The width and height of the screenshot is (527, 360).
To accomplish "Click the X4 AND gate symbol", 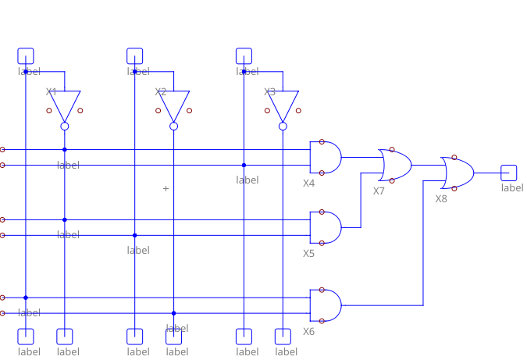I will (x=326, y=157).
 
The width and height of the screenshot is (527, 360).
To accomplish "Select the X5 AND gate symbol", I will (x=326, y=227).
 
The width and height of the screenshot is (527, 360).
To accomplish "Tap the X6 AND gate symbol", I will (x=326, y=305).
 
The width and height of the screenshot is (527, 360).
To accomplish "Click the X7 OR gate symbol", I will (x=396, y=165).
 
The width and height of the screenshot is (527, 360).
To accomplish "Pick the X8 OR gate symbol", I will (x=458, y=173).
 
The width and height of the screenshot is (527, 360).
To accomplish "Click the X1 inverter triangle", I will (x=65, y=105).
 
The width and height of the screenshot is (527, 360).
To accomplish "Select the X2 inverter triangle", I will (x=174, y=105).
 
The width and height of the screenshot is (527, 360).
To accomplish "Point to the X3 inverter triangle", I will (x=283, y=105).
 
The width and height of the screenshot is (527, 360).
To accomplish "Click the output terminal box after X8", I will (x=509, y=173).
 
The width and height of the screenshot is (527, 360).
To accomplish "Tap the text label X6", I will (x=309, y=332).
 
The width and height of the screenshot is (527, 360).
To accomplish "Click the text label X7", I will (x=379, y=191).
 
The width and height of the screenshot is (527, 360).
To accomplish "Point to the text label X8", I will (x=442, y=199).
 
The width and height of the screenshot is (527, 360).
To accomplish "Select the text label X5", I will (x=309, y=254).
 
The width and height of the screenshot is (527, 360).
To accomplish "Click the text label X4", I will (x=309, y=184).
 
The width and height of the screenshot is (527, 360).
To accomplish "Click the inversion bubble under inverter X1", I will (x=65, y=126).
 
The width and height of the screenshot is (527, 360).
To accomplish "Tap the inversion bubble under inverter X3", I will (x=283, y=126).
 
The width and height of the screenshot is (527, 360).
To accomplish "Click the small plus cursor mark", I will (x=166, y=188).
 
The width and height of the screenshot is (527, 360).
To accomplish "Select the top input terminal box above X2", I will (x=135, y=55).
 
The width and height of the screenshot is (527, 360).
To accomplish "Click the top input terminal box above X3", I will (x=244, y=55).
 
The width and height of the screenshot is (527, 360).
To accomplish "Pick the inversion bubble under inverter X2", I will (x=174, y=126).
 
